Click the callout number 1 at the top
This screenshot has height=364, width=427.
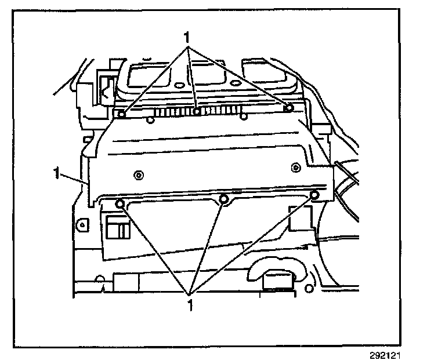click(x=187, y=37)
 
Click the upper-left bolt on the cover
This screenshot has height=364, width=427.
click(x=121, y=114)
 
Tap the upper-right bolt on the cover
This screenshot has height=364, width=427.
click(x=289, y=107)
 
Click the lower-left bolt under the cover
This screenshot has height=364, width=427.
click(x=119, y=203)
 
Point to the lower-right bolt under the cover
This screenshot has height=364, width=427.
click(x=314, y=195)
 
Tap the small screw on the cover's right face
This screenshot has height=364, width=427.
click(x=295, y=168)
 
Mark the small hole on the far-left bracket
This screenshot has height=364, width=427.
click(x=84, y=223)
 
